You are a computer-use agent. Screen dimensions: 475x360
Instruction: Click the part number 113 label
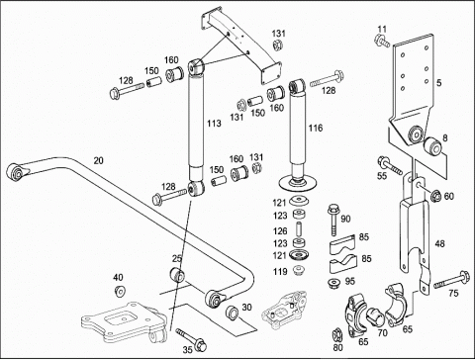(x=214, y=124)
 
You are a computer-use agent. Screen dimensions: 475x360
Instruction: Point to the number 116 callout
(x=316, y=128)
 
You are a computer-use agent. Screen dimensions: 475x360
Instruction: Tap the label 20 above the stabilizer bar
(x=98, y=160)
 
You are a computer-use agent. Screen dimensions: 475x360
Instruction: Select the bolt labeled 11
(x=382, y=41)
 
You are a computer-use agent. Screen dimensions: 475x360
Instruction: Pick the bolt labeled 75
(x=451, y=280)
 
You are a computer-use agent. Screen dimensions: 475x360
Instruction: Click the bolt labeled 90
(x=333, y=220)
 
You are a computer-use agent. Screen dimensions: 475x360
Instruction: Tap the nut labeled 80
(x=337, y=334)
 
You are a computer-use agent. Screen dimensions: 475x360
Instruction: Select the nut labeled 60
(x=436, y=196)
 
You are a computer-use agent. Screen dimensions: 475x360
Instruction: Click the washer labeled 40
(x=120, y=291)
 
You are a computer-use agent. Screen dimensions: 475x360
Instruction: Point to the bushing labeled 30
(x=232, y=313)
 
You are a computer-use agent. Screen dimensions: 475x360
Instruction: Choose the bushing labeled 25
(x=177, y=275)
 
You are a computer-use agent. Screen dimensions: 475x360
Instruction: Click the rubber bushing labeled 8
(x=432, y=147)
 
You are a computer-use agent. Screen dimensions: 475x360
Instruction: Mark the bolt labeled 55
(x=391, y=165)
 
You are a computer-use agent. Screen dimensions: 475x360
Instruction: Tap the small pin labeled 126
(x=299, y=229)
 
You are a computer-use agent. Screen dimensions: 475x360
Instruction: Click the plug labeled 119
(x=299, y=270)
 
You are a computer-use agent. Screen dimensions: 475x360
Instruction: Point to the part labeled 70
(x=374, y=316)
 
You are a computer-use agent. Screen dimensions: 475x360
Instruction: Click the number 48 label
(x=440, y=244)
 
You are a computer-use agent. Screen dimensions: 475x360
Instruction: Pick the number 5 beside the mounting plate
(x=438, y=82)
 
